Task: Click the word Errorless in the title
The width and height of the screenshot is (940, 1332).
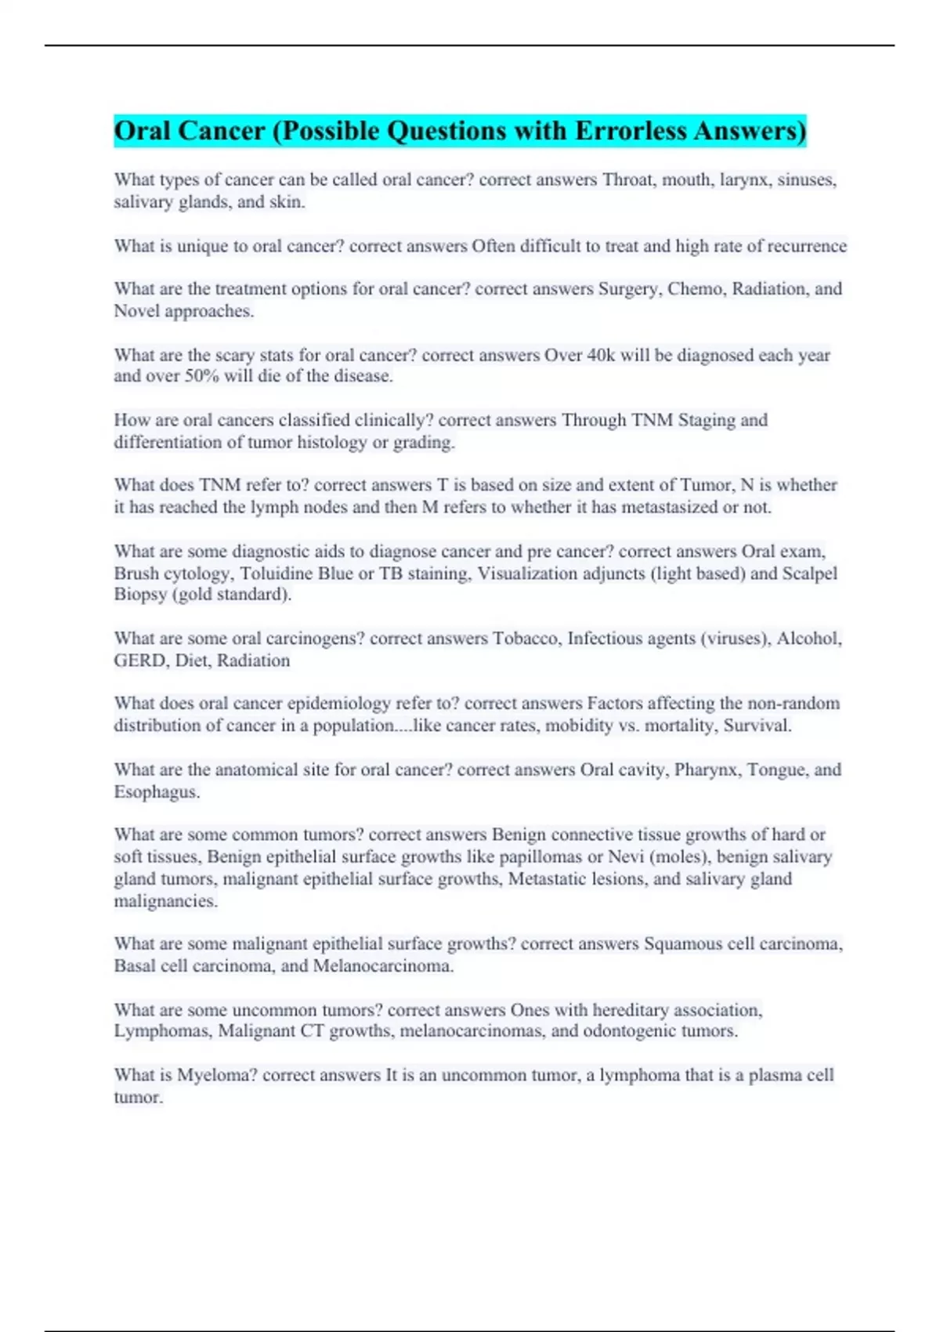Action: pyautogui.click(x=630, y=131)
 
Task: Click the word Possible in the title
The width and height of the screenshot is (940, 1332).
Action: pyautogui.click(x=330, y=131)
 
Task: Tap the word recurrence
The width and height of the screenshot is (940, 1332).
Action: pyautogui.click(x=807, y=246)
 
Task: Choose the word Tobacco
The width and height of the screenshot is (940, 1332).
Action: pyautogui.click(x=526, y=639)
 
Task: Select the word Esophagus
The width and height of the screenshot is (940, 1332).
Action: pyautogui.click(x=155, y=791)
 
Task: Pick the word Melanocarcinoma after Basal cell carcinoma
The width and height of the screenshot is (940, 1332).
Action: pyautogui.click(x=382, y=965)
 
